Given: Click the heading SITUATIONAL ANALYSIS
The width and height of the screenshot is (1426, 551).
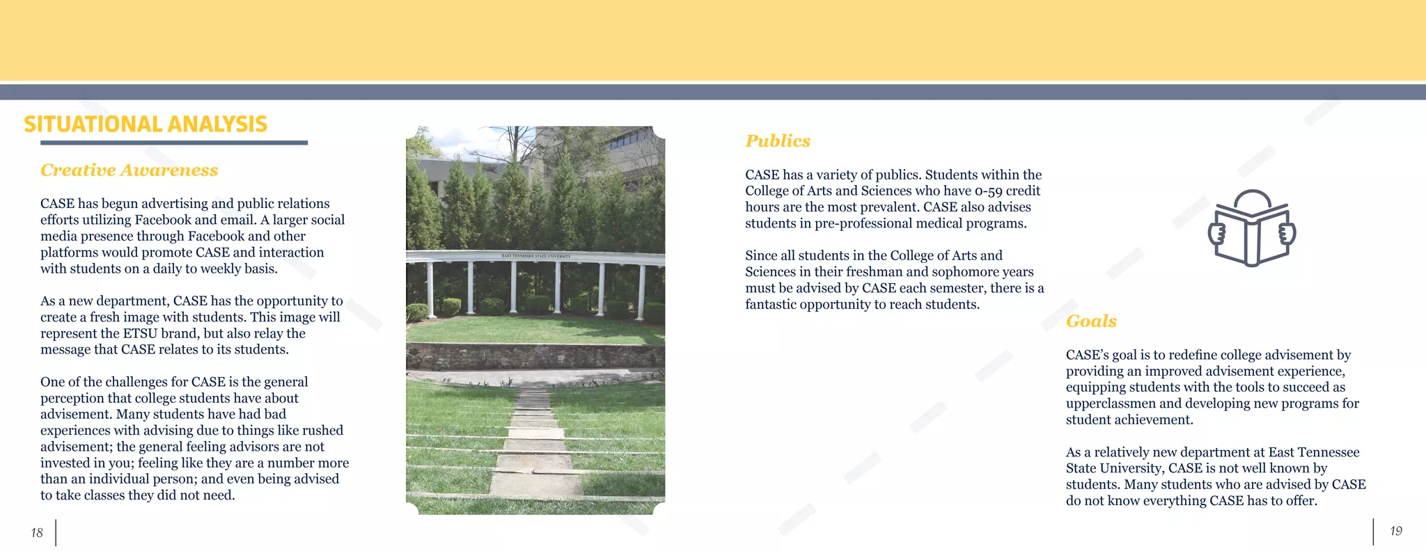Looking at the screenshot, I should pyautogui.click(x=146, y=124).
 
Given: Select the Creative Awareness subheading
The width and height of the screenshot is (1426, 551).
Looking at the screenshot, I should pyautogui.click(x=129, y=170).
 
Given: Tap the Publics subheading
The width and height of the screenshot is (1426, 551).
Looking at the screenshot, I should pyautogui.click(x=778, y=141).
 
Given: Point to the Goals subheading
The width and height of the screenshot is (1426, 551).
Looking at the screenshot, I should pyautogui.click(x=1091, y=321).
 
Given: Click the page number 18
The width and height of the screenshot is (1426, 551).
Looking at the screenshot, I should pyautogui.click(x=37, y=533).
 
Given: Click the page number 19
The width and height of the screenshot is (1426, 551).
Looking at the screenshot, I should pyautogui.click(x=1396, y=532).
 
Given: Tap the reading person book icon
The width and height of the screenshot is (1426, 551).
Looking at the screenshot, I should pyautogui.click(x=1251, y=228).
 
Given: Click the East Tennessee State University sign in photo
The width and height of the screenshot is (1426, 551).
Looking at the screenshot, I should pyautogui.click(x=535, y=256).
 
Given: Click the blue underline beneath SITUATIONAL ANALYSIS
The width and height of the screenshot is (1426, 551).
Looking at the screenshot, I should pyautogui.click(x=173, y=143).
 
